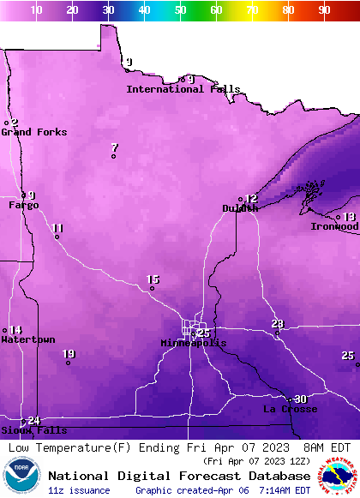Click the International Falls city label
(183, 89)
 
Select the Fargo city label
(24, 206)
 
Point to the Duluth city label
(240, 208)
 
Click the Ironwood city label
(334, 227)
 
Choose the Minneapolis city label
(194, 343)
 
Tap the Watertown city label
(27, 340)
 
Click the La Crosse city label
(290, 410)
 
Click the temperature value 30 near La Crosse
(300, 399)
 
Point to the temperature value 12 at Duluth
(251, 199)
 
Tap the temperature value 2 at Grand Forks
(14, 123)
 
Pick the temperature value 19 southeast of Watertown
(69, 354)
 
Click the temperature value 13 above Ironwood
(349, 217)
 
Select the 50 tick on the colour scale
(180, 9)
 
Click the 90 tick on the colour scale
(324, 9)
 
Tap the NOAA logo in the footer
(21, 477)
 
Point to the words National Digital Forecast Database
(179, 476)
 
